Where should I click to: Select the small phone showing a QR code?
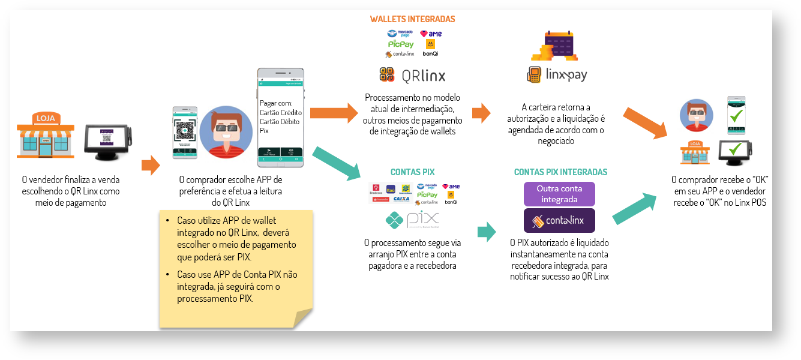[x=185, y=132]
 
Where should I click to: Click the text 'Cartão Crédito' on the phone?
[x=280, y=112]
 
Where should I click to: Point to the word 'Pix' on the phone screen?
[x=264, y=131]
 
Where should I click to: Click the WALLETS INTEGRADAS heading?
[x=412, y=19]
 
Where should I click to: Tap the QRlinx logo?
[x=412, y=75]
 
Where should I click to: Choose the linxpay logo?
[x=556, y=75]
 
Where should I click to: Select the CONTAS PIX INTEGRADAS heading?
[x=560, y=172]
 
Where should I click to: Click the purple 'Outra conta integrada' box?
[x=559, y=194]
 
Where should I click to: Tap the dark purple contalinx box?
[x=559, y=220]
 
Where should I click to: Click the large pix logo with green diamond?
[x=412, y=220]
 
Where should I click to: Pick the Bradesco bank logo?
[x=377, y=189]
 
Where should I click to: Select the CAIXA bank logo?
[x=401, y=199]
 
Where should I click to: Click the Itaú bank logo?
[x=391, y=189]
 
